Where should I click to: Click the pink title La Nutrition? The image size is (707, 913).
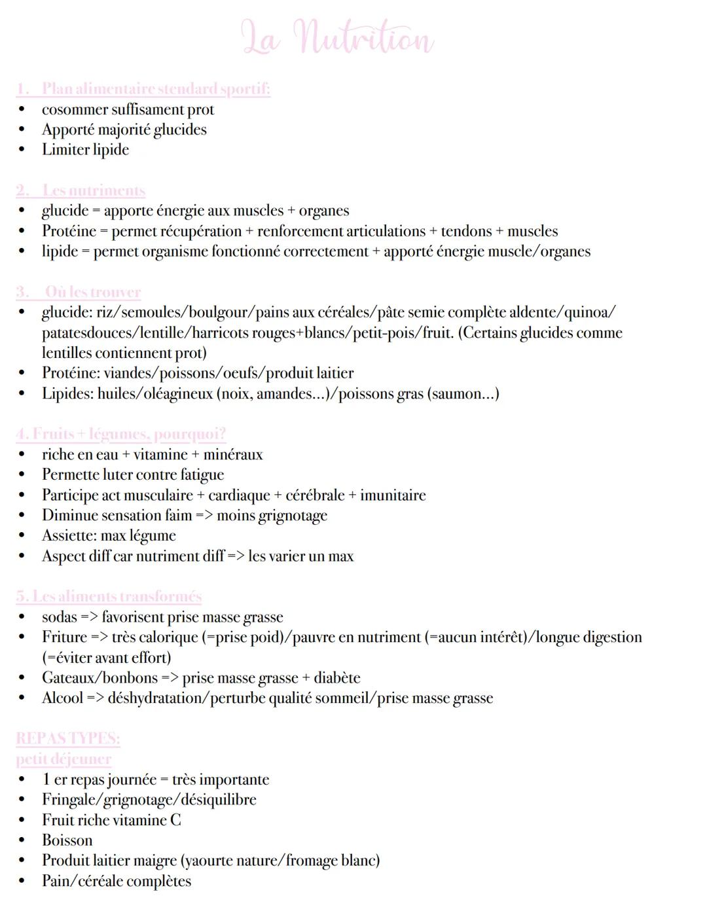pyautogui.click(x=337, y=37)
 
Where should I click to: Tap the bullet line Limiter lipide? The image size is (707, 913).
pyautogui.click(x=85, y=150)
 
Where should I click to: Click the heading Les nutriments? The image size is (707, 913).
pyautogui.click(x=81, y=190)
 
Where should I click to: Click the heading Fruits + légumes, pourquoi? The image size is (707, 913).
pyautogui.click(x=121, y=434)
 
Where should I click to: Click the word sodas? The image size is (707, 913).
pyautogui.click(x=60, y=617)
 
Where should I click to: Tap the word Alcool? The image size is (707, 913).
pyautogui.click(x=63, y=698)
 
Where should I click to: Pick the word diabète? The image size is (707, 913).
pyautogui.click(x=336, y=678)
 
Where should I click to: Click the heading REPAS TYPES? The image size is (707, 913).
pyautogui.click(x=68, y=739)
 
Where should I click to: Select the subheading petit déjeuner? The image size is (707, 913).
pyautogui.click(x=63, y=759)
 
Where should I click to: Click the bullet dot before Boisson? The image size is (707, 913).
pyautogui.click(x=22, y=841)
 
